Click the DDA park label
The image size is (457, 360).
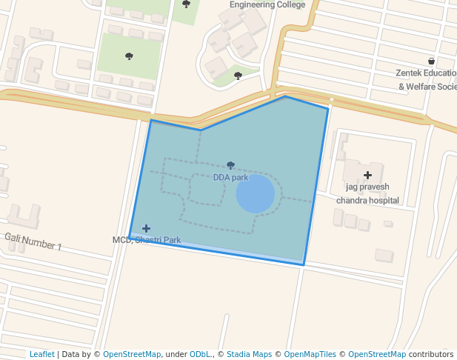tap(230, 178)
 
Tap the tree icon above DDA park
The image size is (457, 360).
tap(230, 165)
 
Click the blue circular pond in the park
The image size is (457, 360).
tap(256, 194)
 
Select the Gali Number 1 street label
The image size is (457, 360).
tap(33, 241)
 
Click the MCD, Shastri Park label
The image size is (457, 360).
tap(147, 240)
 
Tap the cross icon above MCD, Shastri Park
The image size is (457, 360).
tap(146, 228)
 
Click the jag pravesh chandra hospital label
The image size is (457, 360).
tap(367, 193)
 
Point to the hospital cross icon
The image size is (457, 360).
tap(367, 175)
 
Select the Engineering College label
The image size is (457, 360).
tap(267, 4)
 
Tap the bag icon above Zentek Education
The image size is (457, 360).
tap(431, 61)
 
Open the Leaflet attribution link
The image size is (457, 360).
tap(41, 354)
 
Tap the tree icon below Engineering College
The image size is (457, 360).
tap(238, 75)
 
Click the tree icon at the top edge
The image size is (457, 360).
tap(186, 4)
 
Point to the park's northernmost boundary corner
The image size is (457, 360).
tap(285, 96)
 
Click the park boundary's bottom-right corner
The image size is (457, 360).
tap(303, 264)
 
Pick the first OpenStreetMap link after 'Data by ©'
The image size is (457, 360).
tap(132, 354)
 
